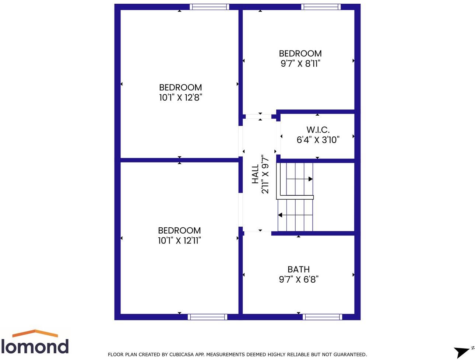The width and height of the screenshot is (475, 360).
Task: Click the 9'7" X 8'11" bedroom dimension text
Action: pyautogui.click(x=300, y=64)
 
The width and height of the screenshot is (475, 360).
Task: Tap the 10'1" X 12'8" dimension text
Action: pyautogui.click(x=180, y=98)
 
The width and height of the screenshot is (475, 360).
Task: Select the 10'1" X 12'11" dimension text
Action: pyautogui.click(x=179, y=241)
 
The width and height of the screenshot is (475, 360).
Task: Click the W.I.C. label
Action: pyautogui.click(x=318, y=130)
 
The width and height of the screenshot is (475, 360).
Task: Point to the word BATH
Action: pyautogui.click(x=298, y=269)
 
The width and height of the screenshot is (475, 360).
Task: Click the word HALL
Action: pyautogui.click(x=255, y=174)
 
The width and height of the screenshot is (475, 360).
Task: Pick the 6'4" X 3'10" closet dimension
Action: pyautogui.click(x=318, y=140)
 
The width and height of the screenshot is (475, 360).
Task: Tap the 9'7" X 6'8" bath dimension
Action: pyautogui.click(x=298, y=279)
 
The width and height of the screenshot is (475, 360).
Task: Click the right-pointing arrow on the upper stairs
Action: pyautogui.click(x=310, y=179)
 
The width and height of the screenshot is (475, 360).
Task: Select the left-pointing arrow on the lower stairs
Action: pyautogui.click(x=280, y=215)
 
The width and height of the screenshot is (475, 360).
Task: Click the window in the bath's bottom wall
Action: pyautogui.click(x=322, y=317)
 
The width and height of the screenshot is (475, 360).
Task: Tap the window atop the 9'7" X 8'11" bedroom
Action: pyautogui.click(x=321, y=7)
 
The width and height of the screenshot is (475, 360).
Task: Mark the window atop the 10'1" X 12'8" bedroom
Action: pyautogui.click(x=209, y=7)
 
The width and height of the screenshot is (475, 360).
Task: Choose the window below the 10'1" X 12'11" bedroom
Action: pyautogui.click(x=207, y=317)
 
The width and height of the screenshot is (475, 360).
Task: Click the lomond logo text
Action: pyautogui.click(x=35, y=346)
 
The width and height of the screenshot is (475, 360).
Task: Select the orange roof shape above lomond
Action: pyautogui.click(x=35, y=333)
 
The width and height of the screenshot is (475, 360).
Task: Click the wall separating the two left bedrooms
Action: pyautogui.click(x=179, y=160)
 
